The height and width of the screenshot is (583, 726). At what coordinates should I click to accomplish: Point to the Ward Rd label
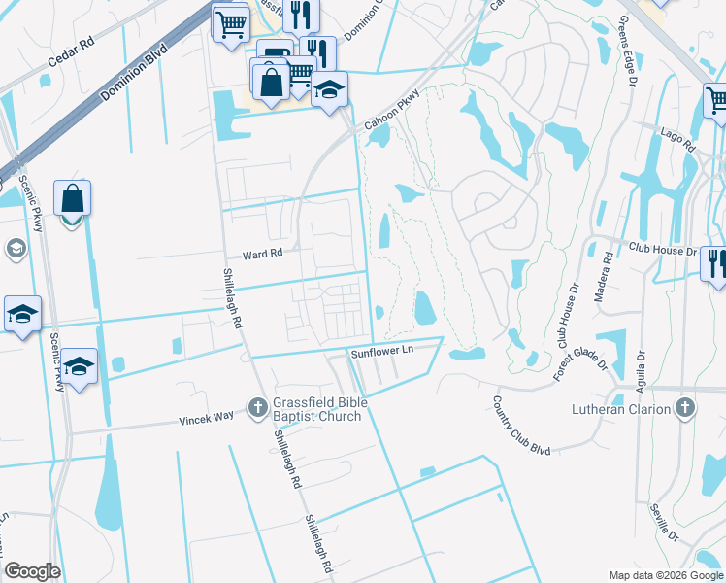pyautogui.click(x=262, y=255)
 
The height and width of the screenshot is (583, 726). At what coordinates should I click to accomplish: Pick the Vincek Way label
pyautogui.click(x=207, y=418)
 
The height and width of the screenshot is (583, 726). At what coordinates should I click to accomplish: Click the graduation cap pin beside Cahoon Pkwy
pyautogui.click(x=330, y=90)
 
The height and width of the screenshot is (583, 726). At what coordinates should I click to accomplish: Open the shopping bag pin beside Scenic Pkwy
pyautogui.click(x=73, y=198)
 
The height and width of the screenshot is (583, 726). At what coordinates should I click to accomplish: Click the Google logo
pyautogui.click(x=33, y=571)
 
